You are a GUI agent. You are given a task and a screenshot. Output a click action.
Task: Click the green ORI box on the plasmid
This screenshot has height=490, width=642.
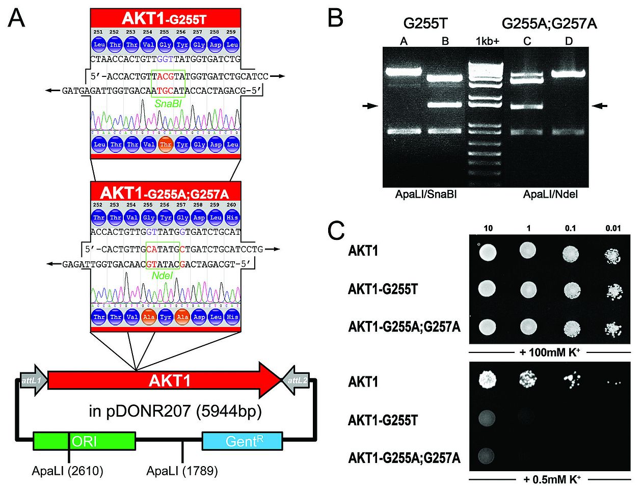coord(85,441)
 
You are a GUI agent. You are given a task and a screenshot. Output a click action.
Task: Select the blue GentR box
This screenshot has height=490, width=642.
coord(242,441)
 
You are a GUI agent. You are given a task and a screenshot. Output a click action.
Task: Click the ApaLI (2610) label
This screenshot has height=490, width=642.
coord(67,471)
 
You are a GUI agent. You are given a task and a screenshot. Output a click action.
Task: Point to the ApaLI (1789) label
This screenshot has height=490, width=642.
coord(182,471)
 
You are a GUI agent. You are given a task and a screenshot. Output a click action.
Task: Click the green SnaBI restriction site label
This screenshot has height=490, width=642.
coord(165,103)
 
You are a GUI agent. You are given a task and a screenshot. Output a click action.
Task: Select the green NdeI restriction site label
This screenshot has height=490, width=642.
coord(163,276)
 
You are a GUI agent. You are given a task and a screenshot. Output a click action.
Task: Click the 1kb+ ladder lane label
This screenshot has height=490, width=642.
coord(487,41)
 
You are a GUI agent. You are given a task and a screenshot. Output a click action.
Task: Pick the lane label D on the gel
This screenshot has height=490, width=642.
coord(569,41)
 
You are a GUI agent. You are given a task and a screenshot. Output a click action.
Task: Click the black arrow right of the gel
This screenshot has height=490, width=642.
coord(601,106)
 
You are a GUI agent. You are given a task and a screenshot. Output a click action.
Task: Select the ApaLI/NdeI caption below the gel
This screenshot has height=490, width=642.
coord(550,195)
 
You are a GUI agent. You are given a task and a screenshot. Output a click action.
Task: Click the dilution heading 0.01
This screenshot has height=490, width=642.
coord(613,228)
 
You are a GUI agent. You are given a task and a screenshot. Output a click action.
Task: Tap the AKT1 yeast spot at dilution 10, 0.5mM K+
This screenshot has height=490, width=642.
coord(488,379)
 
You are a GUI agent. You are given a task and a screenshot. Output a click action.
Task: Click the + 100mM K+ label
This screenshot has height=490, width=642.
coord(550,352)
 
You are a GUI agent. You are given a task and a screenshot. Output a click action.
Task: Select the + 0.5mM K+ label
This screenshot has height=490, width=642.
coord(551,479)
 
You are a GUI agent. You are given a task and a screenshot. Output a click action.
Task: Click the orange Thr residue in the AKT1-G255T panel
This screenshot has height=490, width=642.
coord(165,144)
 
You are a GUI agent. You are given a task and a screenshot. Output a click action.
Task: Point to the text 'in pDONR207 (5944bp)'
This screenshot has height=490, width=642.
coord(175,411)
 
